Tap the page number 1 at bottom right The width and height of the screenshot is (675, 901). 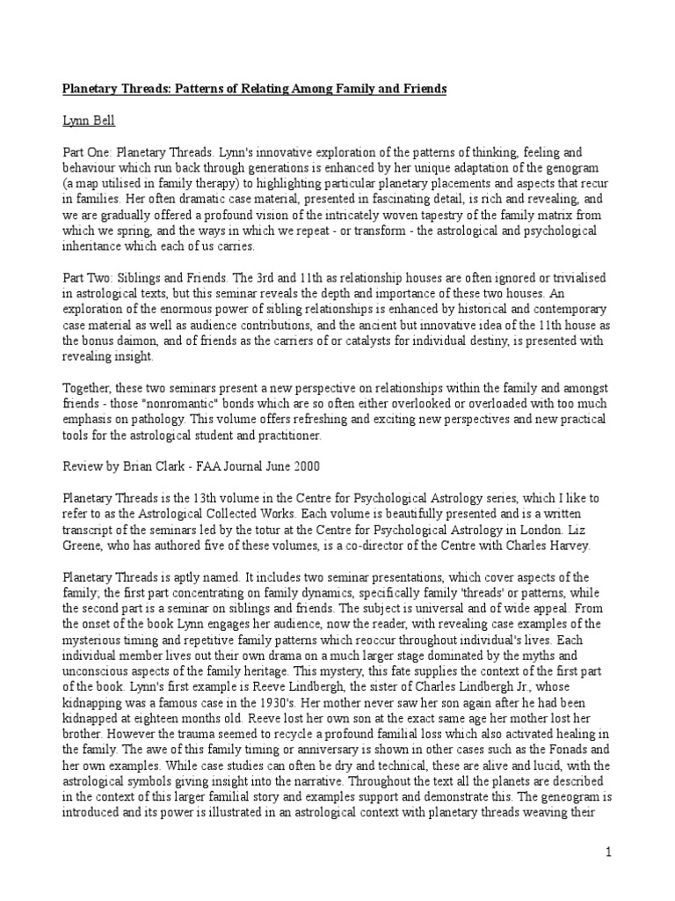tap(607, 853)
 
